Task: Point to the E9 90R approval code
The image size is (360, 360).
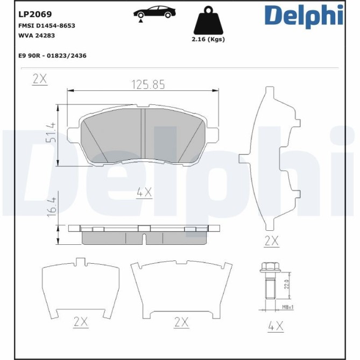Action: pyautogui.click(x=52, y=55)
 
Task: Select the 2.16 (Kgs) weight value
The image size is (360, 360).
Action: pyautogui.click(x=208, y=39)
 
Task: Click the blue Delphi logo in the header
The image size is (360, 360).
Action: pyautogui.click(x=303, y=15)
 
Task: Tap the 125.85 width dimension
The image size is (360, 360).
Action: pyautogui.click(x=148, y=84)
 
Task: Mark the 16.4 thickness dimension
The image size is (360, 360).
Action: pyautogui.click(x=50, y=208)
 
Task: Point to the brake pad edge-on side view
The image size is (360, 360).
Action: pyautogui.click(x=144, y=234)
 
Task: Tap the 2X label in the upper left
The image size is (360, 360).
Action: pyautogui.click(x=40, y=79)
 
